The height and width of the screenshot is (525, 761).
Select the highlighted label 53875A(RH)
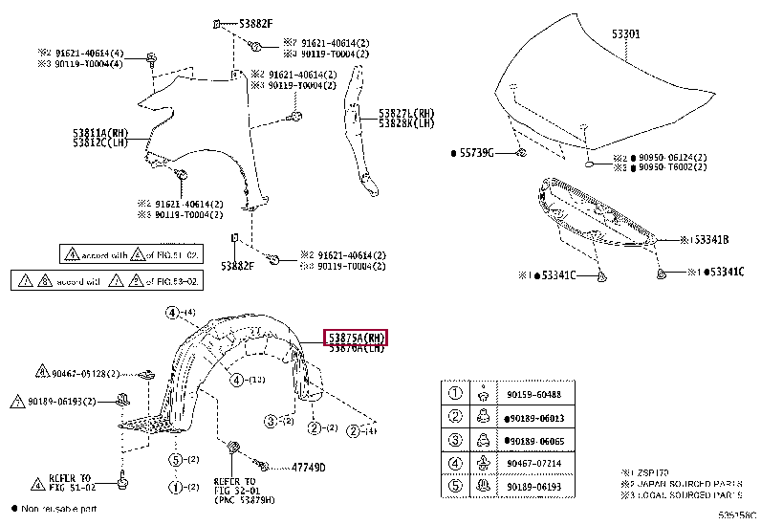click(356, 338)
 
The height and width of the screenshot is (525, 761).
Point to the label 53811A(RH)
click(99, 132)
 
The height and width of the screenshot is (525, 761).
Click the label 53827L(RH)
click(405, 113)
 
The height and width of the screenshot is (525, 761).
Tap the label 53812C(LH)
click(99, 142)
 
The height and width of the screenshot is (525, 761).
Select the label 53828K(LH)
click(405, 123)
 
